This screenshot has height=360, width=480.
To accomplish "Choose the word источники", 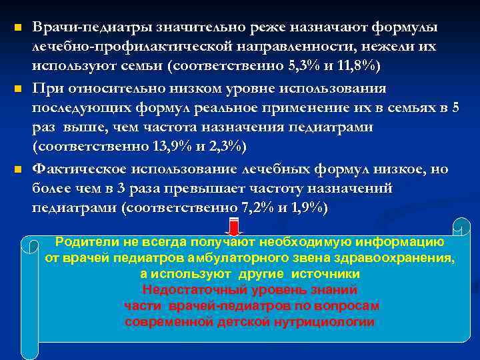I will pos(329,274).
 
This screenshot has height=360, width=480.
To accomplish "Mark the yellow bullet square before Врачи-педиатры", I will pos(18,29).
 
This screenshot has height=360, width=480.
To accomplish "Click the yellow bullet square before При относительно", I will pos(18,89).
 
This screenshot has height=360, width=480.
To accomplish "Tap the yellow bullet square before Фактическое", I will pos(18,169).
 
